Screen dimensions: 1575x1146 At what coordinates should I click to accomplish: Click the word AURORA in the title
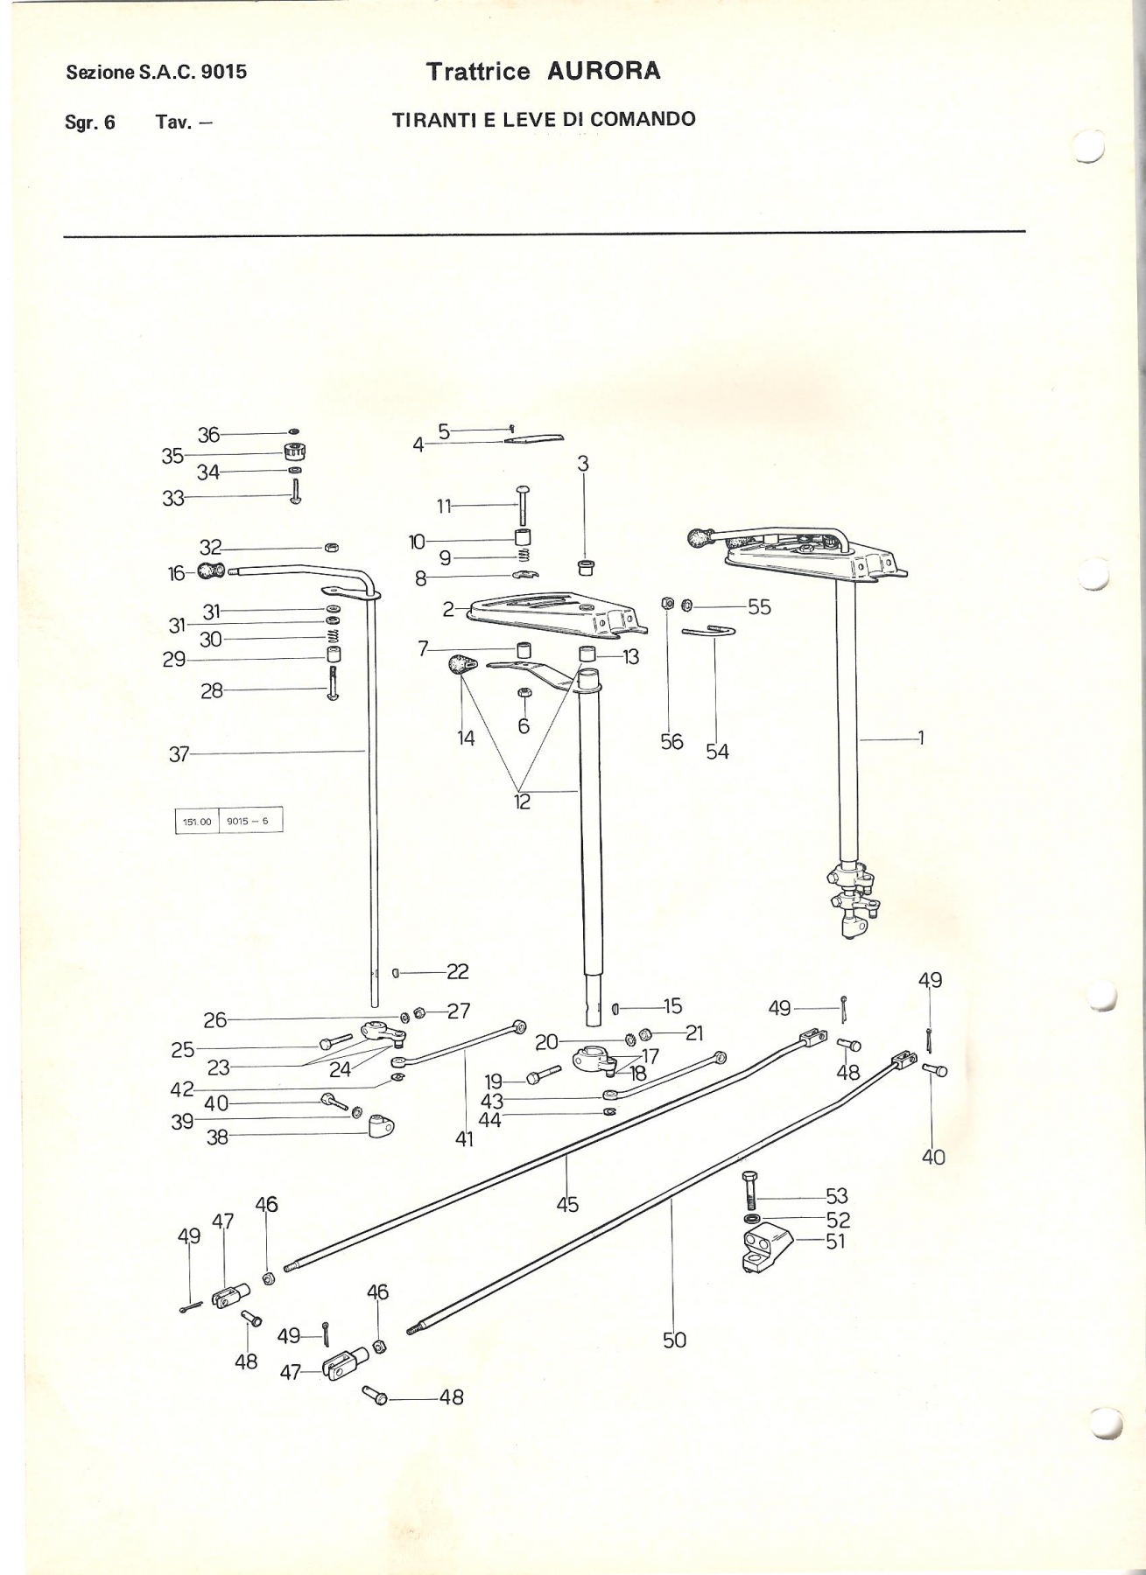point(603,71)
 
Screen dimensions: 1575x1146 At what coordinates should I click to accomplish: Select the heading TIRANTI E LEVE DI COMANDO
point(544,119)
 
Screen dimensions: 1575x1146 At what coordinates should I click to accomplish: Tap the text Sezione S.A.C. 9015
point(157,72)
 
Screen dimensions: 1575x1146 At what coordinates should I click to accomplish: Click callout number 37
point(179,753)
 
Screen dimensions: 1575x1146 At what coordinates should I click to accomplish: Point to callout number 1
point(920,738)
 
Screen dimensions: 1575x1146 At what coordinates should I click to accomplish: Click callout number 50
point(674,1339)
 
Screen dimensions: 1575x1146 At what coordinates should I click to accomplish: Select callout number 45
point(567,1204)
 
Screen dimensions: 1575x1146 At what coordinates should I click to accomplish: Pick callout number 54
point(717,751)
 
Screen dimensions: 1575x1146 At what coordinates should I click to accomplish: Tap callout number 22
point(458,971)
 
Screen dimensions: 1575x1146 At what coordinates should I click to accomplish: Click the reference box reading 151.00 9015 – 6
point(229,822)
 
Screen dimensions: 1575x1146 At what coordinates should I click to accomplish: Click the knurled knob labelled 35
point(294,453)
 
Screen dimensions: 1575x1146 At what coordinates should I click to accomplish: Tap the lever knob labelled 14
point(459,666)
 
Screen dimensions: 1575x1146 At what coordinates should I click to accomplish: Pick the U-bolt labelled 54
point(709,631)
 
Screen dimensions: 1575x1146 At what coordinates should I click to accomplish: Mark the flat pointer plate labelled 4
point(534,438)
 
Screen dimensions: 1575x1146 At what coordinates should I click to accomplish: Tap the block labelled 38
point(381,1125)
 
